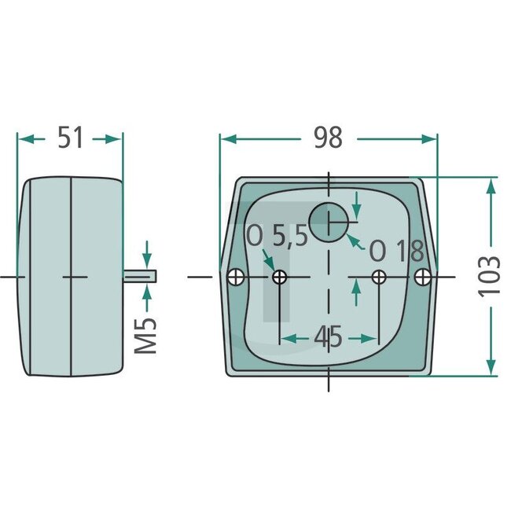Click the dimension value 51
pyautogui.click(x=70, y=138)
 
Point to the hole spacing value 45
pyautogui.click(x=327, y=338)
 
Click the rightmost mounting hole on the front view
pyautogui.click(x=424, y=277)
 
